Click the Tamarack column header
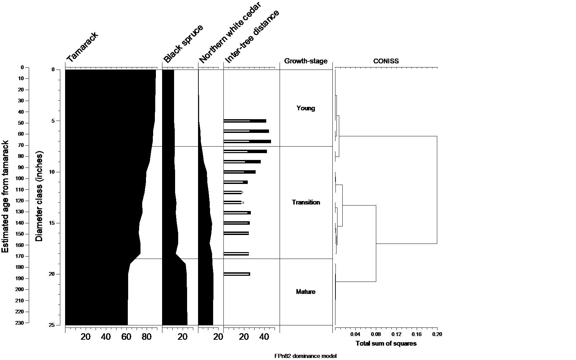tap(82, 47)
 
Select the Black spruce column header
tap(183, 44)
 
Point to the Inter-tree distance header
tap(252, 37)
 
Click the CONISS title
tap(386, 61)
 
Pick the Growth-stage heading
tap(306, 61)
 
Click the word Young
tap(306, 108)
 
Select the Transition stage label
tap(306, 202)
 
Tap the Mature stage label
tap(306, 292)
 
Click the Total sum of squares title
tap(386, 344)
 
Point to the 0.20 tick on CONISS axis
tap(437, 334)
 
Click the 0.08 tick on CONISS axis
tap(376, 334)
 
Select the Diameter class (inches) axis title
tap(39, 196)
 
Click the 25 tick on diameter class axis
tap(52, 325)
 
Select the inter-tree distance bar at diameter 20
tap(237, 274)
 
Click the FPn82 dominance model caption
tap(305, 356)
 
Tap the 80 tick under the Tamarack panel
tap(147, 337)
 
